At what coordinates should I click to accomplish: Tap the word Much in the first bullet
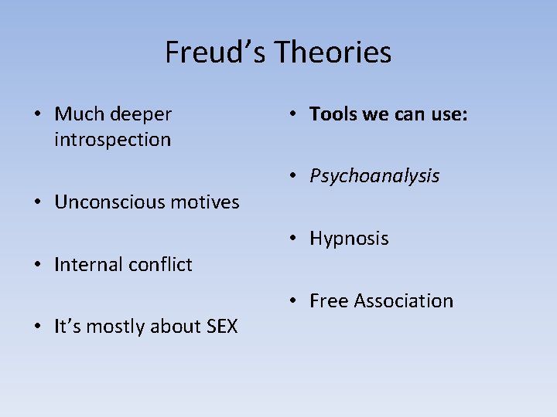tap(80, 114)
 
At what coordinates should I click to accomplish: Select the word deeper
tap(141, 114)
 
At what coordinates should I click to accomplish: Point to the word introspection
tap(113, 140)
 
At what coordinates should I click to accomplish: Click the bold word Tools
tap(331, 114)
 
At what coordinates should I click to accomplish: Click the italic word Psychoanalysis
tap(374, 176)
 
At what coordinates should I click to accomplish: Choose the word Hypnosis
tap(349, 239)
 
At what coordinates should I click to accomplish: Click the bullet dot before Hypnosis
tap(294, 239)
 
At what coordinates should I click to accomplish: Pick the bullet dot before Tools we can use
tap(294, 114)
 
